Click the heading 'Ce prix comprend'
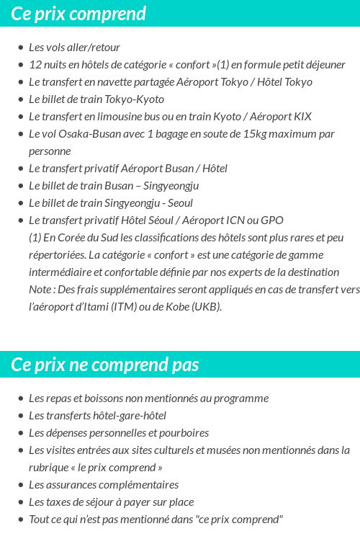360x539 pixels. pos(78,14)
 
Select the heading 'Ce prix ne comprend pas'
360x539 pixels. pos(105,365)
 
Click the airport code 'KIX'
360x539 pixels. pos(303,117)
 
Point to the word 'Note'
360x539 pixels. pos(41,290)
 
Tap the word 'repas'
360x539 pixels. pos(59,398)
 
